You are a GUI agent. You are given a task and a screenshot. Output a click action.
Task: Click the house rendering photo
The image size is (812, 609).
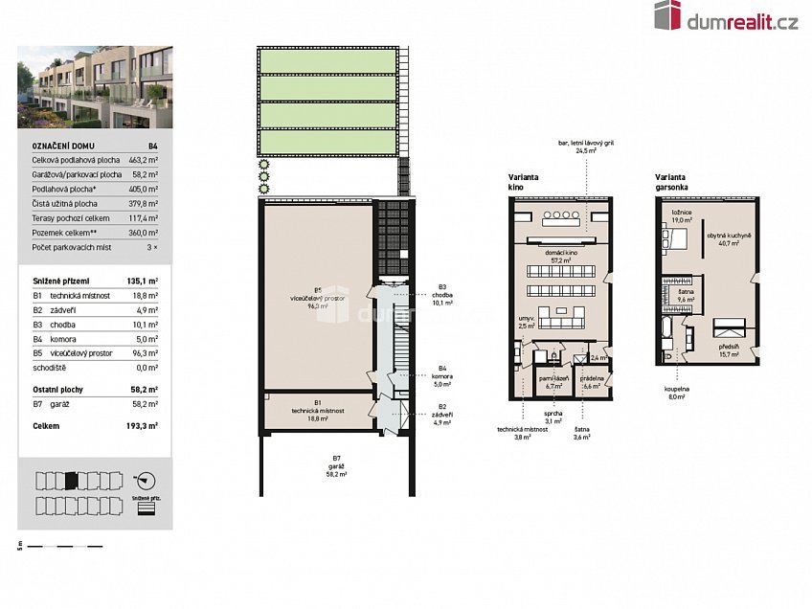pos(95,87)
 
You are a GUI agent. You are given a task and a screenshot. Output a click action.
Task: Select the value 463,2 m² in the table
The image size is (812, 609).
pos(145,161)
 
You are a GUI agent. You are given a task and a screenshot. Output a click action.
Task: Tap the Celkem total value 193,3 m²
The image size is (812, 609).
pos(144,424)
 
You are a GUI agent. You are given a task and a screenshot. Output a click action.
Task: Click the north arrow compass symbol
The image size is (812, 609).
pos(146,479)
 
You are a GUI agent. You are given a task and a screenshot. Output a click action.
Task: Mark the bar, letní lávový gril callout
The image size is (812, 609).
pos(586,147)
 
